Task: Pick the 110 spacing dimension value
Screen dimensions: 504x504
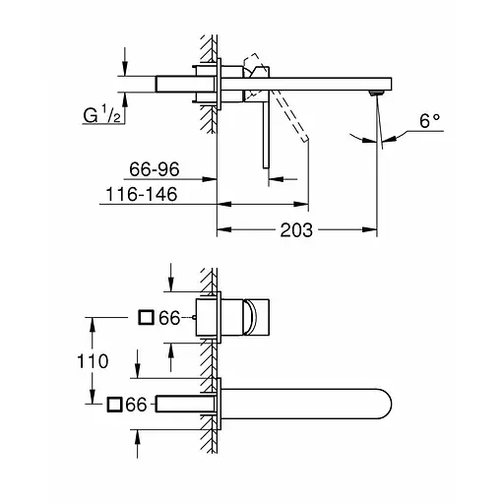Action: (93, 361)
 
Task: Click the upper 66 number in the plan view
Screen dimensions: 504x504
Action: (171, 318)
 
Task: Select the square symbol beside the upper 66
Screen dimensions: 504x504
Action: (146, 318)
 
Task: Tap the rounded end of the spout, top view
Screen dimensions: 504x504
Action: (390, 405)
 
